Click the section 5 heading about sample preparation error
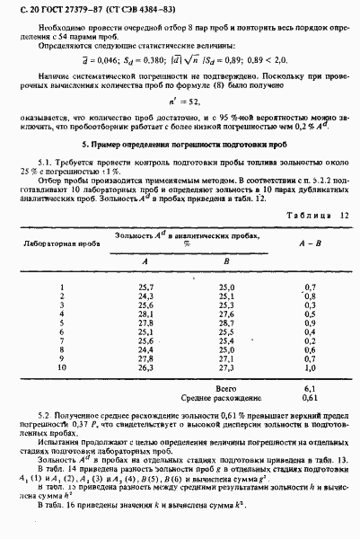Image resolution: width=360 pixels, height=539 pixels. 179,144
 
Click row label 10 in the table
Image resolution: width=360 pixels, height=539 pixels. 63,367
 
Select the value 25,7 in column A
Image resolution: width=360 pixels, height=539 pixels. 145,286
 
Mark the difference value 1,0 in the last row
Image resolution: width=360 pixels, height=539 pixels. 311,367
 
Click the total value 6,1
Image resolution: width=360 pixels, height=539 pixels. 311,386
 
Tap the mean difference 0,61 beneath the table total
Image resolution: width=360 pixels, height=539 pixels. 311,396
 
